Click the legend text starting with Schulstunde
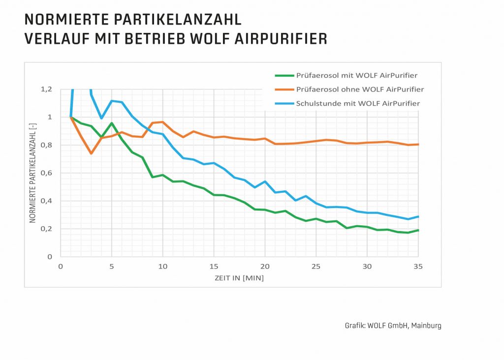[358, 103]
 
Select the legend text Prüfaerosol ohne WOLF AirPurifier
[360, 90]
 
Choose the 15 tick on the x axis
[214, 267]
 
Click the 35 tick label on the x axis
[418, 267]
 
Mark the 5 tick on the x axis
[112, 267]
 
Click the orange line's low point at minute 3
[91, 153]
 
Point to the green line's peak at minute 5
[112, 123]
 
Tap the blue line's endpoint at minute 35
[418, 216]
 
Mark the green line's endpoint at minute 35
[418, 230]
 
